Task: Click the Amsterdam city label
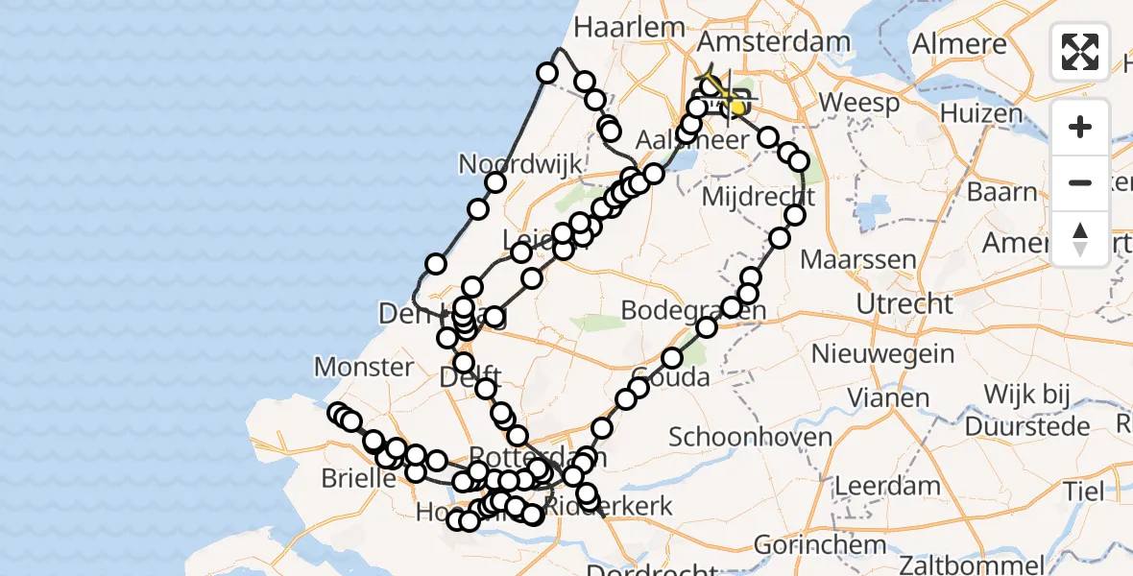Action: coord(774,42)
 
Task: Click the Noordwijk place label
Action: coord(520,164)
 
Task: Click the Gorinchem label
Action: coord(820,545)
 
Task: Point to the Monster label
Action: coord(364,367)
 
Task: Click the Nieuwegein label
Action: coord(882,354)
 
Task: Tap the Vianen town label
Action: coord(868,397)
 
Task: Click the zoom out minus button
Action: coord(1080,182)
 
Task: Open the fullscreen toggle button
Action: coord(1080,52)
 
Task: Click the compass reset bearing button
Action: coord(1080,238)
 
